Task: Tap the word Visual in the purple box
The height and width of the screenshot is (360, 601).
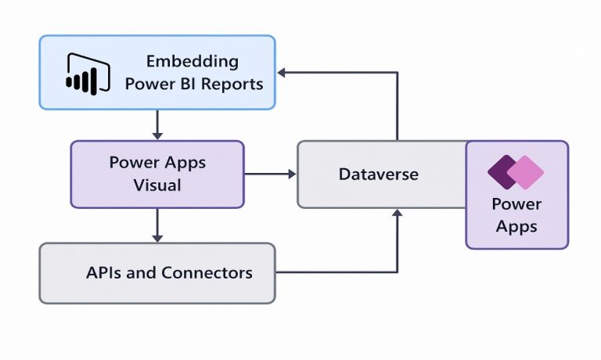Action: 157,185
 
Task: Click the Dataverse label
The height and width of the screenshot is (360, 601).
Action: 378,174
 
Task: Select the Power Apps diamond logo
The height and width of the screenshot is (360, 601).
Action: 516,172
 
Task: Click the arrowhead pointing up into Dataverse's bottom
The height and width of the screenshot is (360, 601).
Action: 398,214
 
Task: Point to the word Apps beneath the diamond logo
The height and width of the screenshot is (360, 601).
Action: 516,227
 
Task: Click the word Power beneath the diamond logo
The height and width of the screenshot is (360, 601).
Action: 516,204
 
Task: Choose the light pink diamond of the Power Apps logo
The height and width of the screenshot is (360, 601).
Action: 527,172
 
